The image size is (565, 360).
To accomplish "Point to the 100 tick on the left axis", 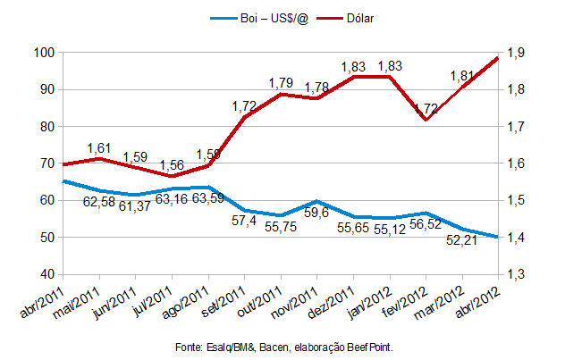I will [x=43, y=53].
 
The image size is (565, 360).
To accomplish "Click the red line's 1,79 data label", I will [x=282, y=82].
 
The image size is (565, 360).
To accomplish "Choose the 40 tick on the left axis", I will [x=46, y=274].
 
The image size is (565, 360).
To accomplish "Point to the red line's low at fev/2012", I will [x=426, y=120].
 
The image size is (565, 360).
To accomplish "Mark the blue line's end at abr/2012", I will [x=498, y=237].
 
